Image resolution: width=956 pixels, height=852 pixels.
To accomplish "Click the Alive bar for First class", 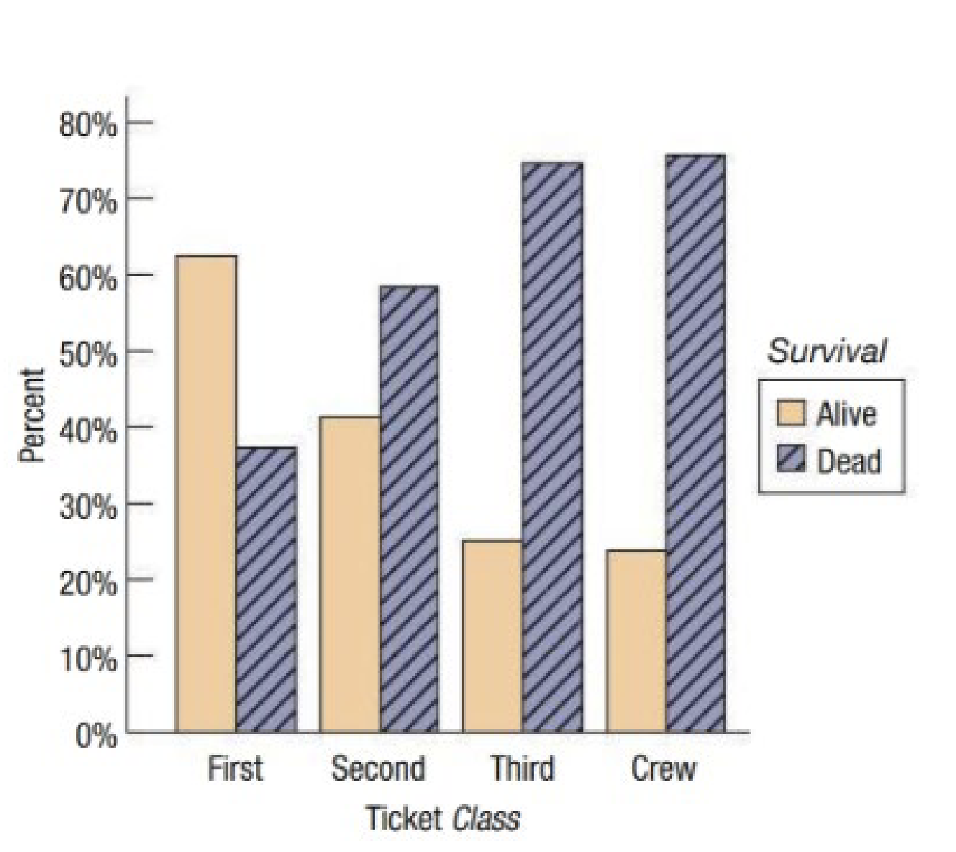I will click(206, 494).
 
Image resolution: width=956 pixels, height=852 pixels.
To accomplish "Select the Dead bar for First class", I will click(265, 590).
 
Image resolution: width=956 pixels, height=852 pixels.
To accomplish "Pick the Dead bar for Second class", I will click(409, 509).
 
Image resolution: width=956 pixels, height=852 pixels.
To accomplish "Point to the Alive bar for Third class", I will click(492, 636).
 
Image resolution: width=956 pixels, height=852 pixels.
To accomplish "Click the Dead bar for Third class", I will click(552, 447).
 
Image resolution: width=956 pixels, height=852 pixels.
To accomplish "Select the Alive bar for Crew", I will click(636, 641).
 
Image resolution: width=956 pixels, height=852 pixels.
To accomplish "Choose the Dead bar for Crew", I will click(695, 444).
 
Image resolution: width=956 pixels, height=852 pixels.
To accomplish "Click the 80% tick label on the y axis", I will click(88, 125).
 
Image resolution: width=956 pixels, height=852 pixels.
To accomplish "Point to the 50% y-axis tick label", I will click(88, 354).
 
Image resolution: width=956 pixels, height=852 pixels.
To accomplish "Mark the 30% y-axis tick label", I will click(88, 506).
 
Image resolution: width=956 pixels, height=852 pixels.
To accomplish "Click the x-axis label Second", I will click(378, 769).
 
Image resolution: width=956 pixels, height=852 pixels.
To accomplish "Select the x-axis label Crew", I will click(663, 769).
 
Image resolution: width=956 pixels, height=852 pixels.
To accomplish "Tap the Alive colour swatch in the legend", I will click(791, 413).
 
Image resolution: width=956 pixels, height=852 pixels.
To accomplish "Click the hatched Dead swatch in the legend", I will click(791, 460).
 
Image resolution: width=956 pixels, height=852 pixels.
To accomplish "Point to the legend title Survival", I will click(827, 351).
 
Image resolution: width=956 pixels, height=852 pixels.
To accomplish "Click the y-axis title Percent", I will click(33, 415).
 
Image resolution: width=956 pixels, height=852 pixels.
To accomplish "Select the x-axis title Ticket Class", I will click(442, 818).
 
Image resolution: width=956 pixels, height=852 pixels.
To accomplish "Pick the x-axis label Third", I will click(522, 769).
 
